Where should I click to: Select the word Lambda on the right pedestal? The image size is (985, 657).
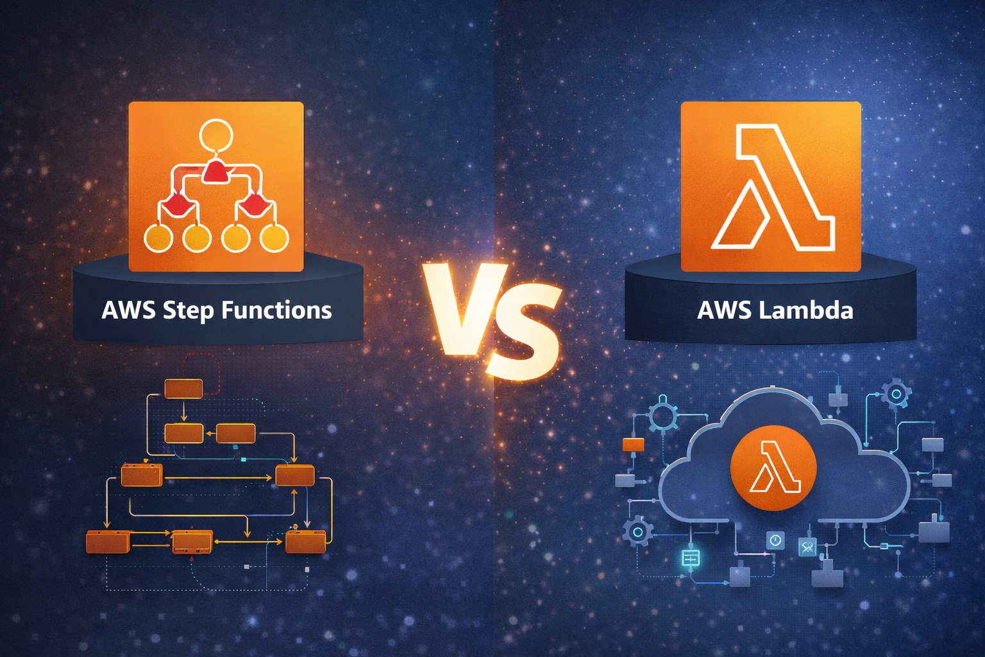805,311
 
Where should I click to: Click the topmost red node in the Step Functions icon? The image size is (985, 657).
215,171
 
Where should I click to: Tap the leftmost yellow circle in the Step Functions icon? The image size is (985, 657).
158,239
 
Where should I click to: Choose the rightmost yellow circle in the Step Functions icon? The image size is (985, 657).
274,239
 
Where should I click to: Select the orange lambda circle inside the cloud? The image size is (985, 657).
773,468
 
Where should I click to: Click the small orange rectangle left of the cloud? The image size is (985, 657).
633,445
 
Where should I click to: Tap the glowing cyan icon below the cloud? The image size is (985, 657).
690,558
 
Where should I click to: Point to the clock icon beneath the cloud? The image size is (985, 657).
775,540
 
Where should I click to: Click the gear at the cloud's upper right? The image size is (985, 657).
896,393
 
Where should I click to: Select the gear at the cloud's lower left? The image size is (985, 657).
637,532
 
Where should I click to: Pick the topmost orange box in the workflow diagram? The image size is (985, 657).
183,389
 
